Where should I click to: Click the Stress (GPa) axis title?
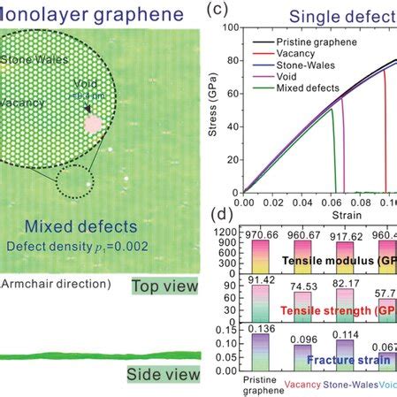coord(212,111)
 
